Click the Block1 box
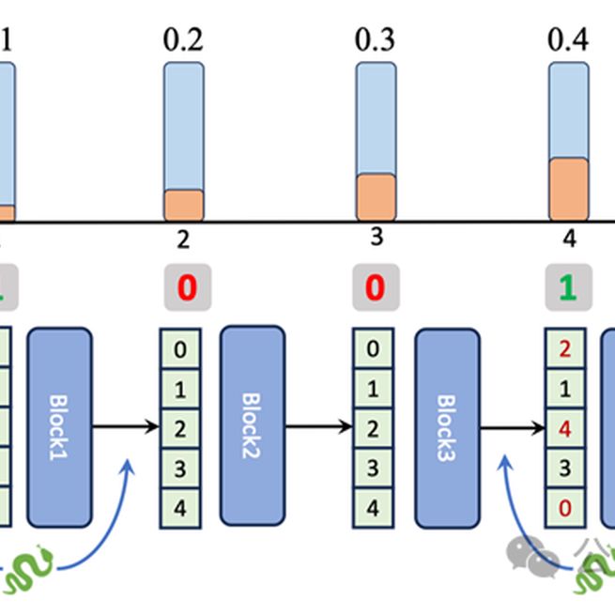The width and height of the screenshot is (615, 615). coord(59,427)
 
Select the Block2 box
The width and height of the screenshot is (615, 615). coord(252,425)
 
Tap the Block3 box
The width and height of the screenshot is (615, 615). coord(447,427)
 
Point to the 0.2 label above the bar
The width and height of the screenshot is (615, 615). coord(183,39)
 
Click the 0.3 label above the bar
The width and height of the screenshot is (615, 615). coord(376,39)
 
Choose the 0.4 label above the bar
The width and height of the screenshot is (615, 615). coord(568,39)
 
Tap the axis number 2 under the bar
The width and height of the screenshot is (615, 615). coord(183,240)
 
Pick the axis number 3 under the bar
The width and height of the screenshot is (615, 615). coord(377,238)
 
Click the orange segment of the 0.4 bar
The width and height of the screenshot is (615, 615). coord(568,190)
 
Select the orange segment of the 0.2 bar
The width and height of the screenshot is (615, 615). coord(183,205)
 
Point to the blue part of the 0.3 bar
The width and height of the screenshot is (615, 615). coord(376,117)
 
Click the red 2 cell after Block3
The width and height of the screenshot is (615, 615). coord(565,349)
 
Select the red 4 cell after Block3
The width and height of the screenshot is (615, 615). coord(565,428)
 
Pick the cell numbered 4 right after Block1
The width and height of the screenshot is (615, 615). coord(179,508)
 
